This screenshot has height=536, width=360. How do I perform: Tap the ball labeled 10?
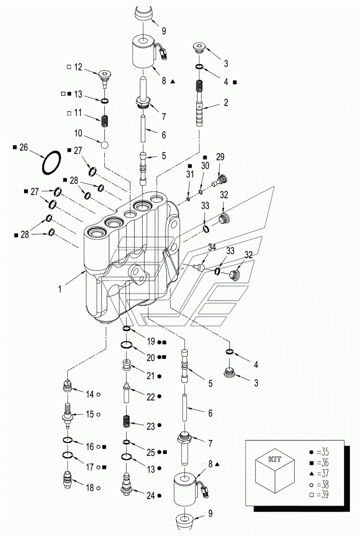tap(105, 144)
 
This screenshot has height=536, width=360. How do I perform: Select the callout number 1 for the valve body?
tap(60, 289)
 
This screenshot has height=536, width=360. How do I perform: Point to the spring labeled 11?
tap(105, 121)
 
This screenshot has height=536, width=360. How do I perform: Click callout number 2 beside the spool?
tap(226, 102)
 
